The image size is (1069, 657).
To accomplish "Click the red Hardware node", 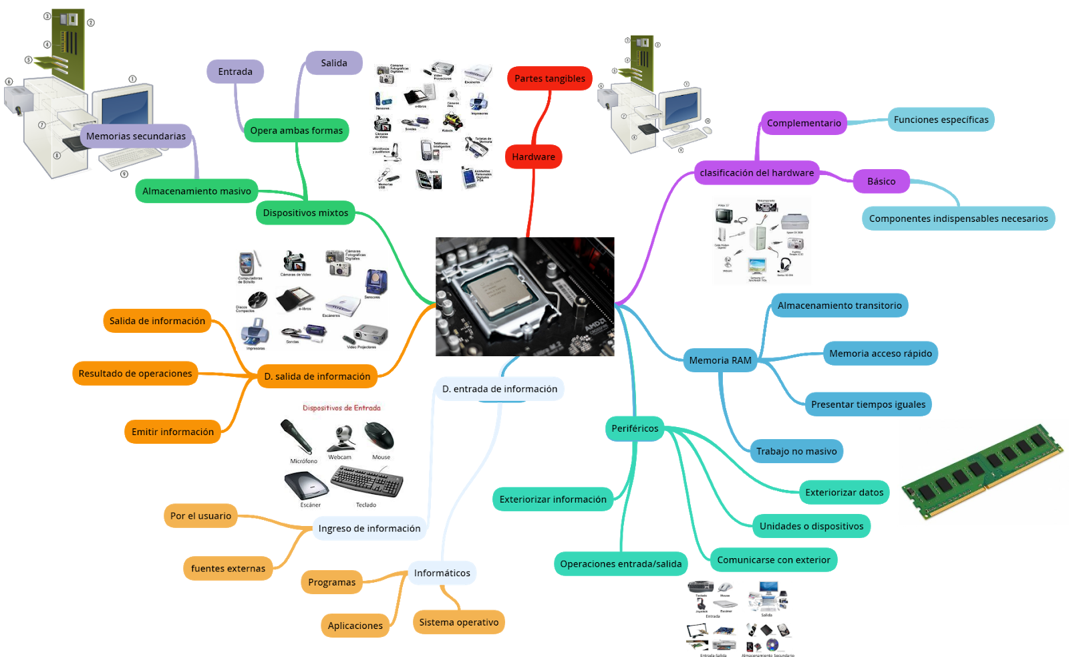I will pos(533,157).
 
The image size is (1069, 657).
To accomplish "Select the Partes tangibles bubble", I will pos(549,78).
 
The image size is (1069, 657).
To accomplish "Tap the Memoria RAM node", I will pos(720,360).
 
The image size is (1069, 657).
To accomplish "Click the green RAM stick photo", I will pos(982,471).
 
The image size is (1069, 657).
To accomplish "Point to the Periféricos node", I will pos(635,428).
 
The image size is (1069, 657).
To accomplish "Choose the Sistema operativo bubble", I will pos(458,622).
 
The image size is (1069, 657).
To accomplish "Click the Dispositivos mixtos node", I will pos(305,213).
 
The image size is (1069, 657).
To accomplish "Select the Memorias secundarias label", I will pos(136,136).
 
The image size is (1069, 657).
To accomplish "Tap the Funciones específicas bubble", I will pos(941,120).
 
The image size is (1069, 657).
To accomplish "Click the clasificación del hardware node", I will pos(756,172).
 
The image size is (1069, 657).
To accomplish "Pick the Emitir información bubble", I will pos(172,432).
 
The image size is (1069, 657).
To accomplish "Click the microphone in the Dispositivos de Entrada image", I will pos(297,436).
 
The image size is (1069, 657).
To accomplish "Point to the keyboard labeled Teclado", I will pos(367,481).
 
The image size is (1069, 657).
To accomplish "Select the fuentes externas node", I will pos(228,568).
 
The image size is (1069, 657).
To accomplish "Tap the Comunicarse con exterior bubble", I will pos(773,560).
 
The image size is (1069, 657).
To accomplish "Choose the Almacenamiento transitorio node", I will pos(839,305).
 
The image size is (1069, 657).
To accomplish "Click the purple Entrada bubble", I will pos(235,72).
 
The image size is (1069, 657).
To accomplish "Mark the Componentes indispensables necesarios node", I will pos(958,219).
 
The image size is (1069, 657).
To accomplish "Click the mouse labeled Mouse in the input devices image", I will pos(380,436).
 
